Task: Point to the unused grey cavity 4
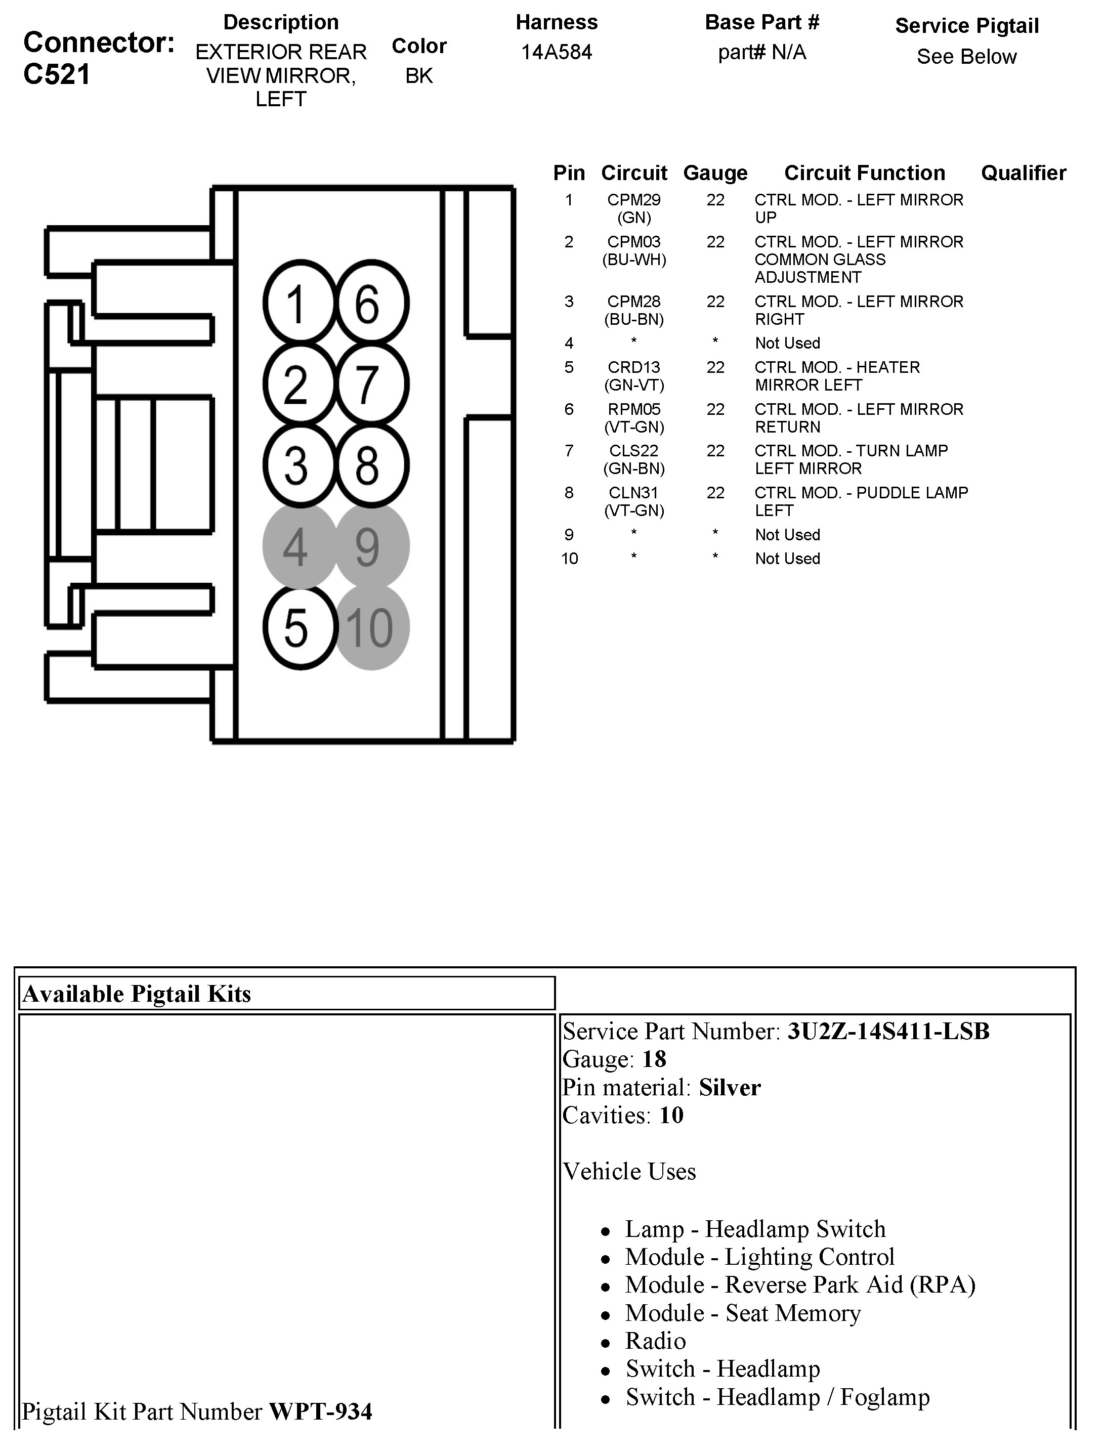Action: (x=300, y=546)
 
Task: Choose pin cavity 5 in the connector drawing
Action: (x=300, y=627)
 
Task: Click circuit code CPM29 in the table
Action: (x=633, y=200)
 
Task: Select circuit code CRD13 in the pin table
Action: (x=633, y=368)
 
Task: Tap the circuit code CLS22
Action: (x=633, y=451)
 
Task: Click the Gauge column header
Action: (x=715, y=173)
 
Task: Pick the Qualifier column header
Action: (x=1023, y=173)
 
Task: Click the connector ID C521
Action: (x=57, y=74)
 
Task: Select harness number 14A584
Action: (x=557, y=52)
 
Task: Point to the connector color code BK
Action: (x=419, y=76)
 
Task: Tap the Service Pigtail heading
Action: (x=966, y=26)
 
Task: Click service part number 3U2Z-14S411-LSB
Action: (x=888, y=1031)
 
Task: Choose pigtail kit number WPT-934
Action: (x=321, y=1411)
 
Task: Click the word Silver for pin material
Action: (x=730, y=1087)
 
